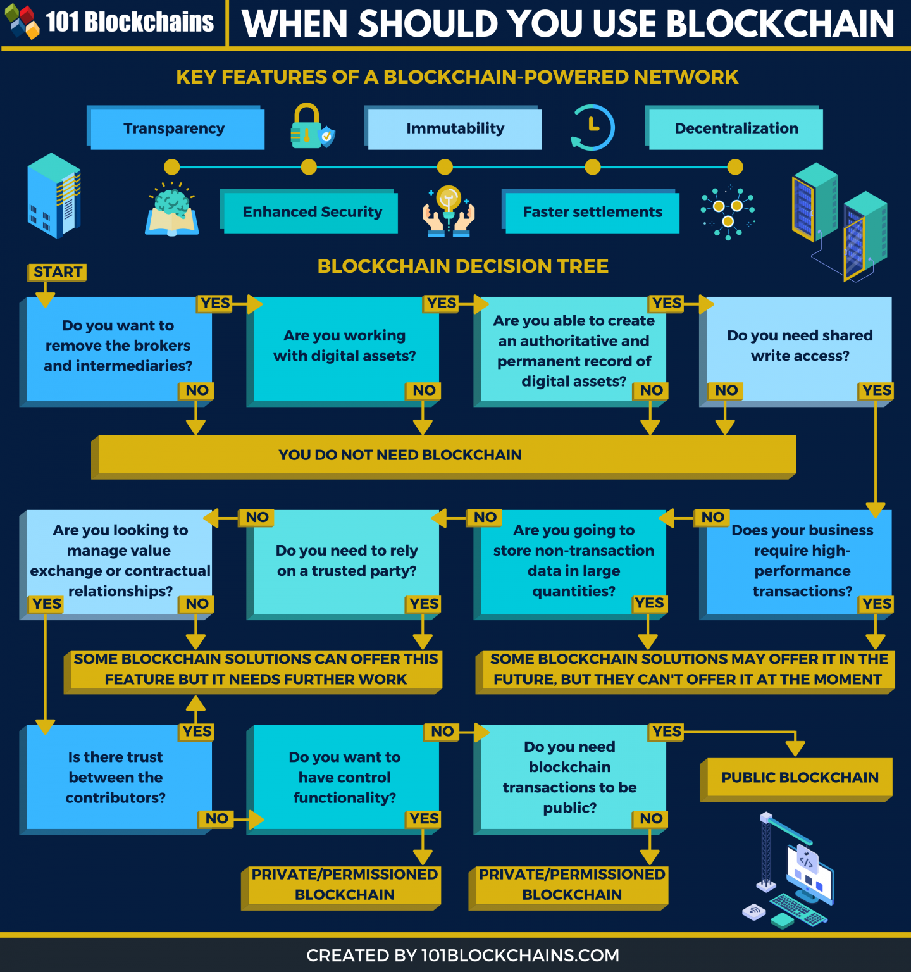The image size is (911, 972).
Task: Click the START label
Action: pyautogui.click(x=57, y=272)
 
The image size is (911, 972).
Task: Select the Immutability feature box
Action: pyautogui.click(x=454, y=128)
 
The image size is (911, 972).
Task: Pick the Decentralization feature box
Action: pyautogui.click(x=735, y=128)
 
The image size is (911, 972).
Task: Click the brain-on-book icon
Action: pyautogui.click(x=171, y=211)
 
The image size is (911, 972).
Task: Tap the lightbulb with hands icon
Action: pyautogui.click(x=449, y=211)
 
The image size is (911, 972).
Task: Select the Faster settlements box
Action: pyautogui.click(x=592, y=212)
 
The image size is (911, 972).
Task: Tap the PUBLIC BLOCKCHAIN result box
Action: pyautogui.click(x=799, y=778)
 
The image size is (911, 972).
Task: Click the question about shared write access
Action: pyautogui.click(x=799, y=346)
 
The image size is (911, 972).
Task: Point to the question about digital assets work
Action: pyautogui.click(x=345, y=346)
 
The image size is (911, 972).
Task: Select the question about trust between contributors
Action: pyautogui.click(x=116, y=777)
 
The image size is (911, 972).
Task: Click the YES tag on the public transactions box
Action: pyautogui.click(x=667, y=732)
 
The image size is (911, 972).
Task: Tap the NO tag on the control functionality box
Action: pyautogui.click(x=442, y=732)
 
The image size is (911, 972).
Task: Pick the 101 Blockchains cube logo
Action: pyautogui.click(x=22, y=22)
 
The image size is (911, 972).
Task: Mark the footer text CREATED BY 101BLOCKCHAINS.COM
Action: pyautogui.click(x=462, y=956)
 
